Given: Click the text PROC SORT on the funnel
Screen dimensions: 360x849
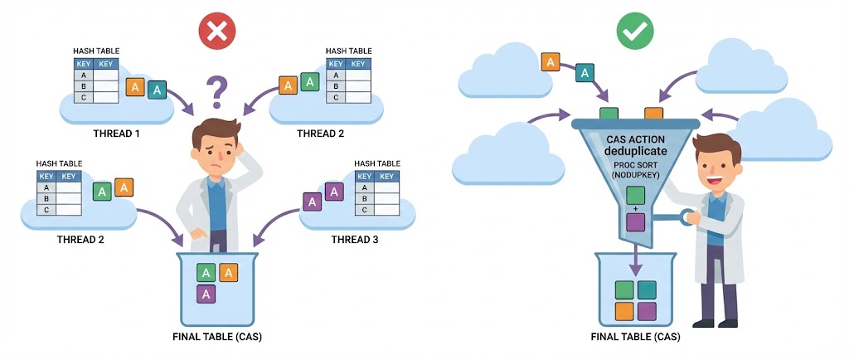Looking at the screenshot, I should point(635,165).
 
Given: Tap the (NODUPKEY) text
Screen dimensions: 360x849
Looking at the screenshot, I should point(635,176).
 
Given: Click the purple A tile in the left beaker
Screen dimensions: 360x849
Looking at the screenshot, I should point(206,293).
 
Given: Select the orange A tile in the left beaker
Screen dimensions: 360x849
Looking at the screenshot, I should point(228,272).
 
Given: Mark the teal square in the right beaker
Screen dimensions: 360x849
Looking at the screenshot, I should point(647,289).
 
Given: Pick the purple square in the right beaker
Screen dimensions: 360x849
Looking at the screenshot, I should point(647,311).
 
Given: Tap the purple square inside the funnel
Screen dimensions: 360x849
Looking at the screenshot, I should point(635,221).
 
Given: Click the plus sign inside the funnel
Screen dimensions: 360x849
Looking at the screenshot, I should point(635,209).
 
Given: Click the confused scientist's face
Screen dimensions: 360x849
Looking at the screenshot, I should point(215,149).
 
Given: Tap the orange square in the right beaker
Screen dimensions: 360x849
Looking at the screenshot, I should point(624,311).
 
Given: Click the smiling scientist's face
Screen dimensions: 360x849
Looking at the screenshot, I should point(714,163).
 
